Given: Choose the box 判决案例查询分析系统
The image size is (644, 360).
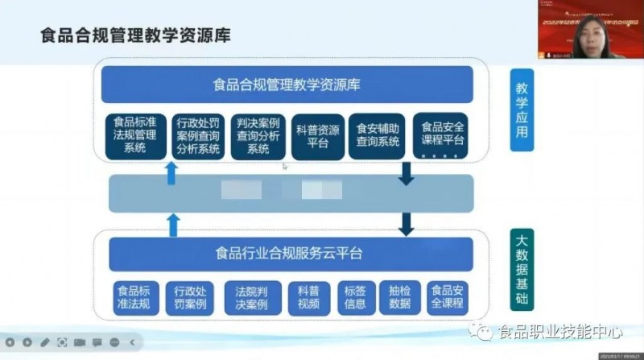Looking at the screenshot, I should tap(258, 135).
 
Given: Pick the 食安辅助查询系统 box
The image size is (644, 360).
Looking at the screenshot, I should tap(378, 135).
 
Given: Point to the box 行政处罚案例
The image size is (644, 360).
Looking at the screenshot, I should tap(190, 297).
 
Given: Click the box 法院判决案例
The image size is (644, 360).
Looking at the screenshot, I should tap(252, 297).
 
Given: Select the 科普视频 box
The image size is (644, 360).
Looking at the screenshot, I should tap(308, 297).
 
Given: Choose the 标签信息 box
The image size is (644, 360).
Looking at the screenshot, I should tap(354, 297).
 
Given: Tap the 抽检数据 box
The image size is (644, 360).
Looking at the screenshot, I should tap(399, 297).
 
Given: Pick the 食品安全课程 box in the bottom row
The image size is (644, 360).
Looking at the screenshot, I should tap(448, 297).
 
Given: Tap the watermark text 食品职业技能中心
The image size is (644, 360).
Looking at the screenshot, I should tap(560, 331).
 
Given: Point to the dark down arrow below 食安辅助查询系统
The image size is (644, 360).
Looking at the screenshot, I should tap(406, 172).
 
